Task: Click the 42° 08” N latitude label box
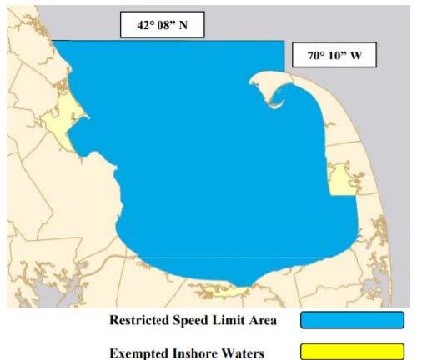pyautogui.click(x=162, y=26)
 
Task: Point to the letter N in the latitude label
pyautogui.click(x=187, y=26)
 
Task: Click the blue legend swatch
pyautogui.click(x=353, y=321)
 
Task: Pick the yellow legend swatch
pyautogui.click(x=353, y=351)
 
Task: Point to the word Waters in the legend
pyautogui.click(x=243, y=352)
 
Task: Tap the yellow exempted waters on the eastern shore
pyautogui.click(x=342, y=180)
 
